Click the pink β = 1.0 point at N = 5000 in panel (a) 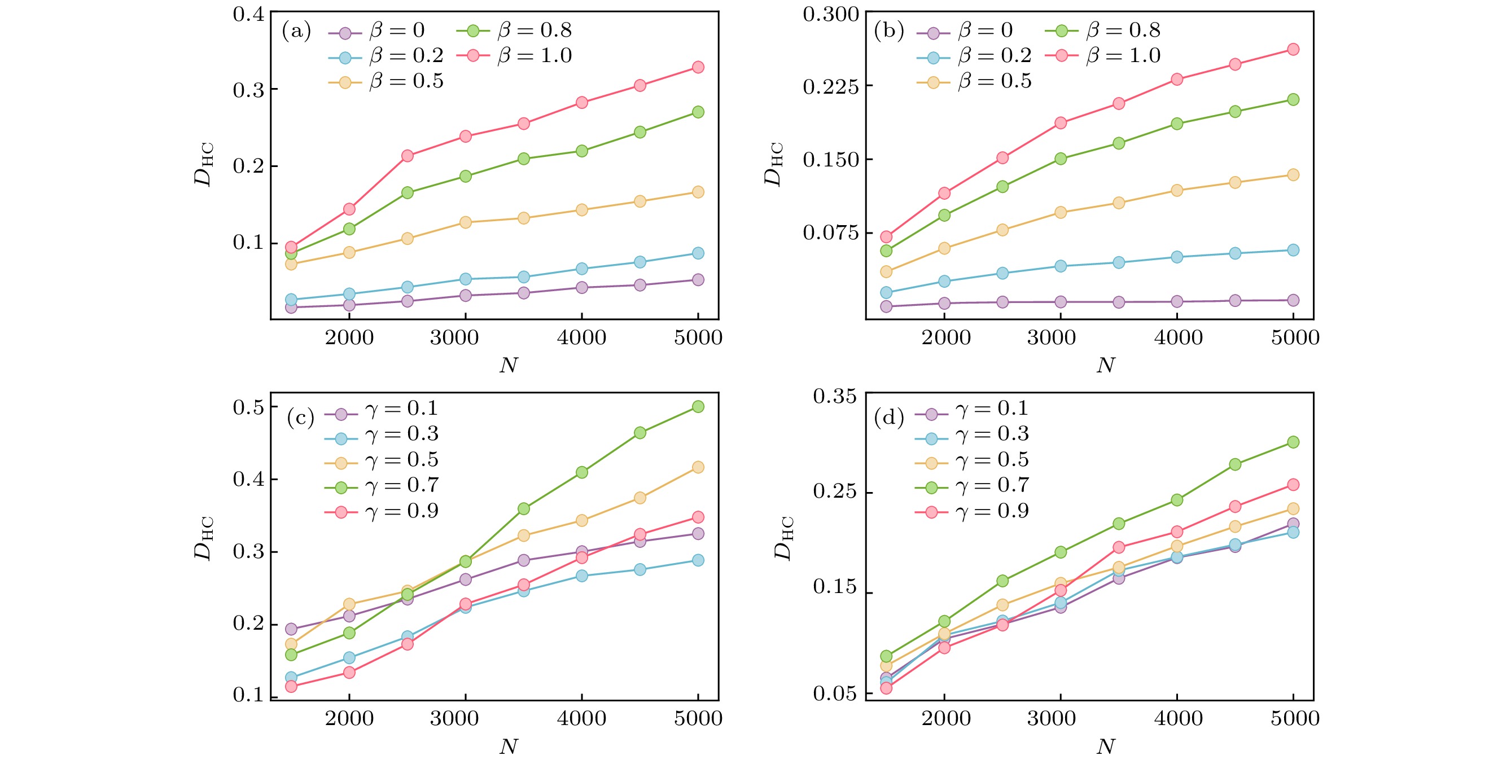698,67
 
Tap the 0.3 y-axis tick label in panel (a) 249,90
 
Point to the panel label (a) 296,30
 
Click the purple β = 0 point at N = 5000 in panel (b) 1293,300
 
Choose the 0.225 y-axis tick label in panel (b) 830,87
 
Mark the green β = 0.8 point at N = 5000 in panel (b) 1293,100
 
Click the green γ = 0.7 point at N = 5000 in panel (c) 698,406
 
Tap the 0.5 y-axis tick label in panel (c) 249,407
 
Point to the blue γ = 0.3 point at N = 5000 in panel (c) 698,560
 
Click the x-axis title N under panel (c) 509,747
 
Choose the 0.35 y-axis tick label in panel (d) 835,397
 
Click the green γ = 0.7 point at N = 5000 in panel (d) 1293,441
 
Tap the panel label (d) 888,418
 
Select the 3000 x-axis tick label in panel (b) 1051,338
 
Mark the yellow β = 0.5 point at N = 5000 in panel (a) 698,192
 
